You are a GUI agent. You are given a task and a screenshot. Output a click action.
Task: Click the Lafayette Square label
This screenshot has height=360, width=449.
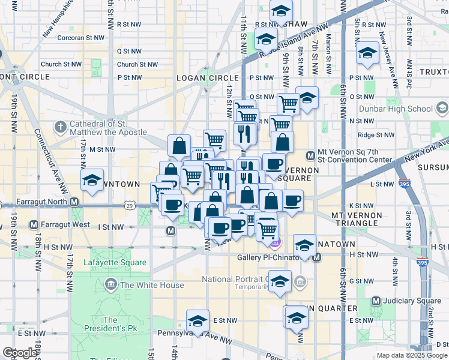[x=106, y=262]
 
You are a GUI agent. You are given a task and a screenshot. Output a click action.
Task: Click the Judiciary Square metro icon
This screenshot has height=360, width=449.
[x=376, y=301]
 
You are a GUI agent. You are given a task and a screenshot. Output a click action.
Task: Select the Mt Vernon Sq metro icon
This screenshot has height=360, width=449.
[x=311, y=156]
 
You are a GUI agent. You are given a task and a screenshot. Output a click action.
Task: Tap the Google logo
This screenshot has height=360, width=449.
[x=19, y=353]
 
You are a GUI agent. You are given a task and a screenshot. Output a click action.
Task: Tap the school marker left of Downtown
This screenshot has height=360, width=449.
[x=92, y=181]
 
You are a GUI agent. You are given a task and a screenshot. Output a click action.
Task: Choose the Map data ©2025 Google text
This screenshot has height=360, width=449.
[x=411, y=355]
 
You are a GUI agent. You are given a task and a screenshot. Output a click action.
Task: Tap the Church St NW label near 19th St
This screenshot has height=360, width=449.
[x=61, y=64]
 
